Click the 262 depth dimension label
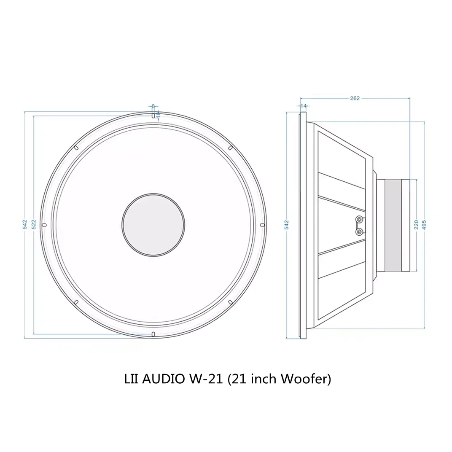point(355,98)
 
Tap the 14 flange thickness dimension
point(303,105)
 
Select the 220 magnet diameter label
point(417,225)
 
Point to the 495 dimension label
point(424,225)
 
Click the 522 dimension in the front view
point(34,224)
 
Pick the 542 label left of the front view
point(25,224)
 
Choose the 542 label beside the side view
point(287,225)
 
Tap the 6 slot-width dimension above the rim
point(153,106)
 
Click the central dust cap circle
point(153,225)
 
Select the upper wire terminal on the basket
point(359,220)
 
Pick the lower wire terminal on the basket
point(359,231)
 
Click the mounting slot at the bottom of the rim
point(153,334)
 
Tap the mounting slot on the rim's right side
point(262,225)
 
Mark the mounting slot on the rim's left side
point(44,225)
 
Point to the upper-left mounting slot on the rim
point(76,148)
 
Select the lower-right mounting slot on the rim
point(230,302)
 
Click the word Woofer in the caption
point(302,379)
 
